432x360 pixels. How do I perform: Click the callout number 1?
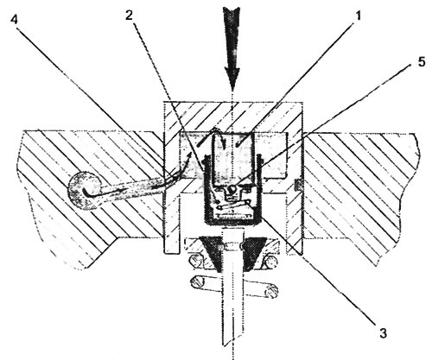pyautogui.click(x=358, y=16)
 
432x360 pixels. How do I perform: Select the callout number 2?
pyautogui.click(x=129, y=16)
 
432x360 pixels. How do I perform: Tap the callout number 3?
pyautogui.click(x=383, y=333)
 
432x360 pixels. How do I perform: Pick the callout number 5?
pyautogui.click(x=422, y=61)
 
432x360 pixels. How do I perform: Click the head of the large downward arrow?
pyautogui.click(x=232, y=76)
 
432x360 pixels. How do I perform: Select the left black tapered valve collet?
pyautogui.click(x=213, y=253)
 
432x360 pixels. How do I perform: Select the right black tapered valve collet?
pyautogui.click(x=254, y=253)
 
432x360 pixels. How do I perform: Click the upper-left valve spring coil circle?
pyautogui.click(x=196, y=262)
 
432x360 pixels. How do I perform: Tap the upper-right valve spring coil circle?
pyautogui.click(x=270, y=262)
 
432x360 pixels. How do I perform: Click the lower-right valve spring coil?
pyautogui.click(x=270, y=291)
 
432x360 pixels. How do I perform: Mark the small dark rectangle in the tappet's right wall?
pyautogui.click(x=298, y=185)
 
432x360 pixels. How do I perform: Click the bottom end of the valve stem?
pyautogui.click(x=232, y=344)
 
